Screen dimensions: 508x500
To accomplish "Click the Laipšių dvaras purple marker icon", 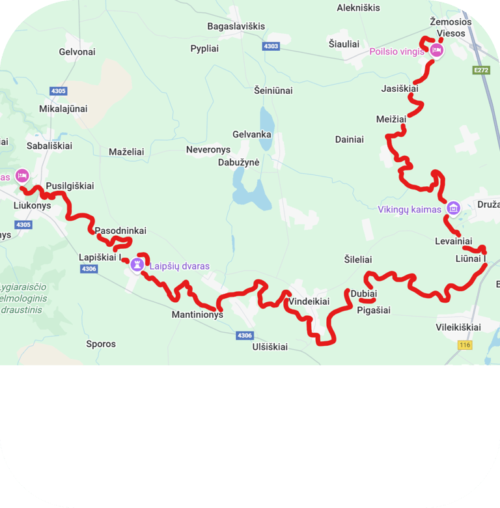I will coord(137,264).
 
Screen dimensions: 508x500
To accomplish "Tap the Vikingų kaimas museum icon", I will coord(454,208).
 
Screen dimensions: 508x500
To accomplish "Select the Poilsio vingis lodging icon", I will coord(436,50).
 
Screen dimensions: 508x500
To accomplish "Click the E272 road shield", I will coord(481,70).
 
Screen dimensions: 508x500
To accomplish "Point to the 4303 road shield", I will coord(271,46).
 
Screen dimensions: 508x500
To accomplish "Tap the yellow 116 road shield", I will coord(464,345).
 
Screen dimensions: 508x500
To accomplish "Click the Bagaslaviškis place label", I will coord(236,26).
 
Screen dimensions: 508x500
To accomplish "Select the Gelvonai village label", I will coord(77,51).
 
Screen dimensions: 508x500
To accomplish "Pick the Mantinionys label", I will coord(197,315).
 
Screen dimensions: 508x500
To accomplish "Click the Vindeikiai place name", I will coord(309,302).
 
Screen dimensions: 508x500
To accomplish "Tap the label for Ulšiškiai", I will coord(270,347).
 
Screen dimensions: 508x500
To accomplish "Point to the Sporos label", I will coord(101,344).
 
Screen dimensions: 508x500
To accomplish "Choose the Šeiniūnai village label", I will coord(273,91).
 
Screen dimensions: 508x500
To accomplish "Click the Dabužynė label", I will coord(239,162).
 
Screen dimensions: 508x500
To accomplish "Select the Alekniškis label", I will coord(359,8).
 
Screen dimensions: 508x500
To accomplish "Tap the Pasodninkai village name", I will coord(120,231).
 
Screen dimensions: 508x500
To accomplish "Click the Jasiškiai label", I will coord(400,89).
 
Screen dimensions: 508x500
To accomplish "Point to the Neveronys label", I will coord(208,150).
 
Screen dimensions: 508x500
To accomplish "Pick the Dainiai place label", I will coord(350,139).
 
